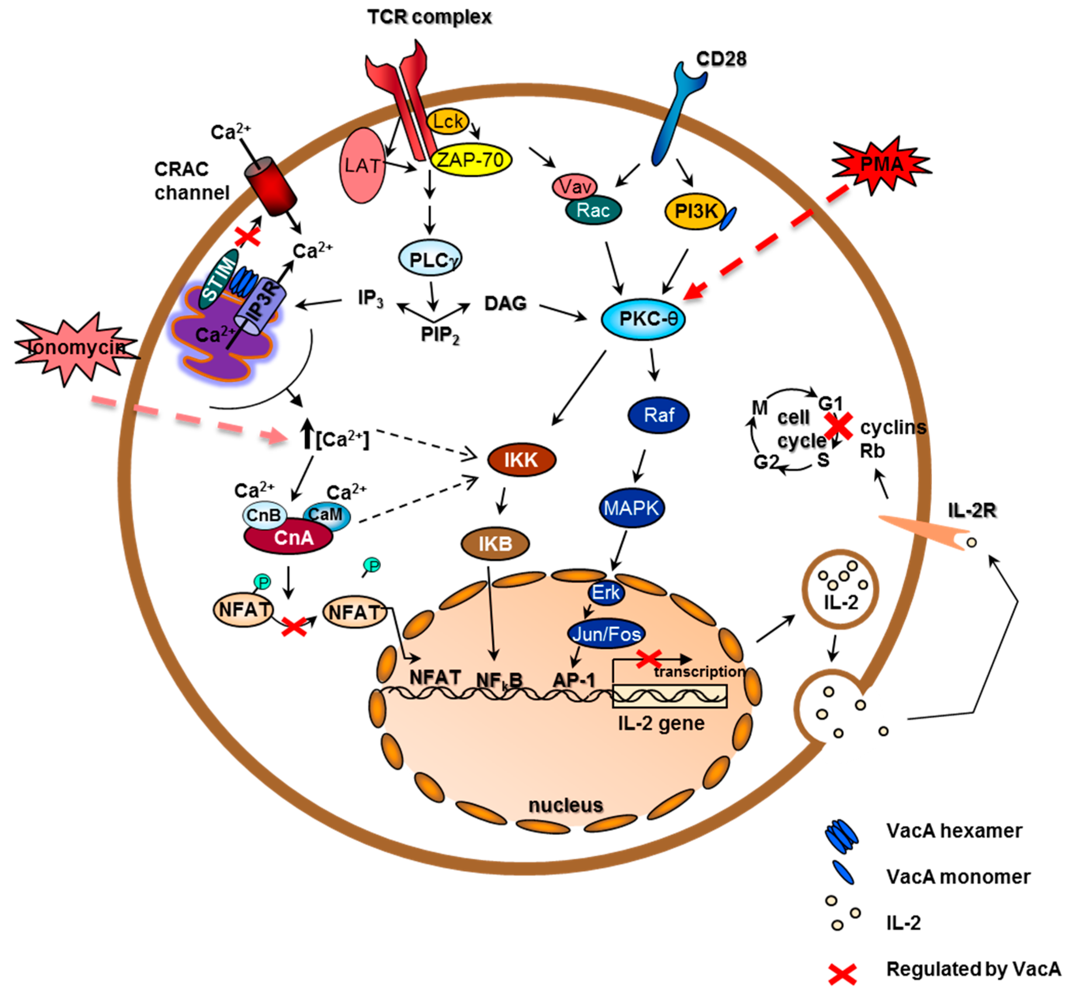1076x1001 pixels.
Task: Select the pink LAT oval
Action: (362, 165)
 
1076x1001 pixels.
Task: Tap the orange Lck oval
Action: (448, 121)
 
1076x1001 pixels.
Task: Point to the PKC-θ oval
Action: (643, 319)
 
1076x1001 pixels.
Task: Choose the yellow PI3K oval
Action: (695, 211)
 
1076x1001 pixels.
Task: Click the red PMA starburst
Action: (881, 164)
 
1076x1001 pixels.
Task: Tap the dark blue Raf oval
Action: (658, 415)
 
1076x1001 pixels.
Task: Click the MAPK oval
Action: (631, 508)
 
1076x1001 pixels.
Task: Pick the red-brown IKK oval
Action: (521, 460)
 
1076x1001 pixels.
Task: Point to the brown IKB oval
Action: (495, 543)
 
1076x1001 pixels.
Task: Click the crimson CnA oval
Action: (288, 537)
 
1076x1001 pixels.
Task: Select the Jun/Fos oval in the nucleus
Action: (606, 633)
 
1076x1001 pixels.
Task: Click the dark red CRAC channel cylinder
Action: (270, 186)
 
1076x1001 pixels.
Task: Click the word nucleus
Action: (565, 805)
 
